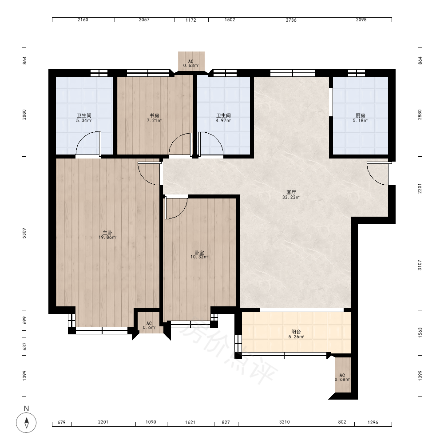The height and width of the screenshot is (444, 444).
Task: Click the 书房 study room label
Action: pos(155,115)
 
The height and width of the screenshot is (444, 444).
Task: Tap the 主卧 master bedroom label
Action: pos(107,233)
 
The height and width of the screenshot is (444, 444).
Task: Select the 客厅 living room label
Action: pos(291,193)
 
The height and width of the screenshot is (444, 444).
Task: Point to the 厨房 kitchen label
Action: pos(361,115)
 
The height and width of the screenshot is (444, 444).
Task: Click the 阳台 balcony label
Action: pos(296,332)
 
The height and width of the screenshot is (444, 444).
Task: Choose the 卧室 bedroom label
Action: pos(199,252)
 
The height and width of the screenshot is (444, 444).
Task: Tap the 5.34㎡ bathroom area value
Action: pos(84,121)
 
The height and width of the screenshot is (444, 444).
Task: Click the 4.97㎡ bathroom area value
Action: pos(223,121)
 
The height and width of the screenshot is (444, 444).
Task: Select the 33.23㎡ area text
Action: pos(291,198)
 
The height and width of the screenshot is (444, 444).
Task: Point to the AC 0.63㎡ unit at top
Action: pos(191,61)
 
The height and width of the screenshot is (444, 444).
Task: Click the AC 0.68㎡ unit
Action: pos(343,375)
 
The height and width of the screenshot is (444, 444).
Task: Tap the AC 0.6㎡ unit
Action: pos(149,323)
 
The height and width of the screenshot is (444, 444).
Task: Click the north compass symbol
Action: pos(26,423)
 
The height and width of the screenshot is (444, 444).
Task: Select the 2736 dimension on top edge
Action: pos(291,20)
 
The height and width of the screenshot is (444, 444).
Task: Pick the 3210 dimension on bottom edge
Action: pos(284,422)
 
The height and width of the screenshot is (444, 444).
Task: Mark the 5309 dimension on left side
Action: pos(24,233)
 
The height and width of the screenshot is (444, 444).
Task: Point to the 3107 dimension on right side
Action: pos(420,265)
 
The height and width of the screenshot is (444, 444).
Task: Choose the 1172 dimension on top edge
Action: pos(191,20)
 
